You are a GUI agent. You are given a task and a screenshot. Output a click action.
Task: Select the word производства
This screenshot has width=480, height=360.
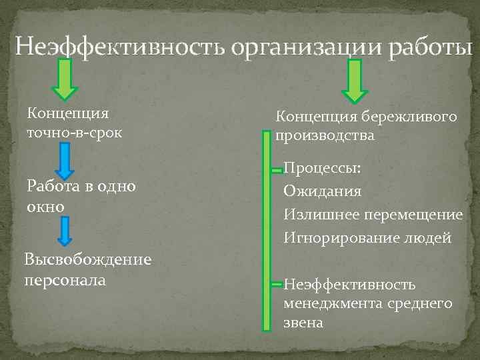[x=325, y=136]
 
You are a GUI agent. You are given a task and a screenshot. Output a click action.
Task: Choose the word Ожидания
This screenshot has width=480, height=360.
[x=323, y=192]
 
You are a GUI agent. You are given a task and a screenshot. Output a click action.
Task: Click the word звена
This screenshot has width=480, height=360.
[x=303, y=323]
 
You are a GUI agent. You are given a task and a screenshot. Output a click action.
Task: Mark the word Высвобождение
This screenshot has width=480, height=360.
[x=87, y=259]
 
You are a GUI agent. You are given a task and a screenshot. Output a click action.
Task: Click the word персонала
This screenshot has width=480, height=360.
[x=65, y=279]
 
